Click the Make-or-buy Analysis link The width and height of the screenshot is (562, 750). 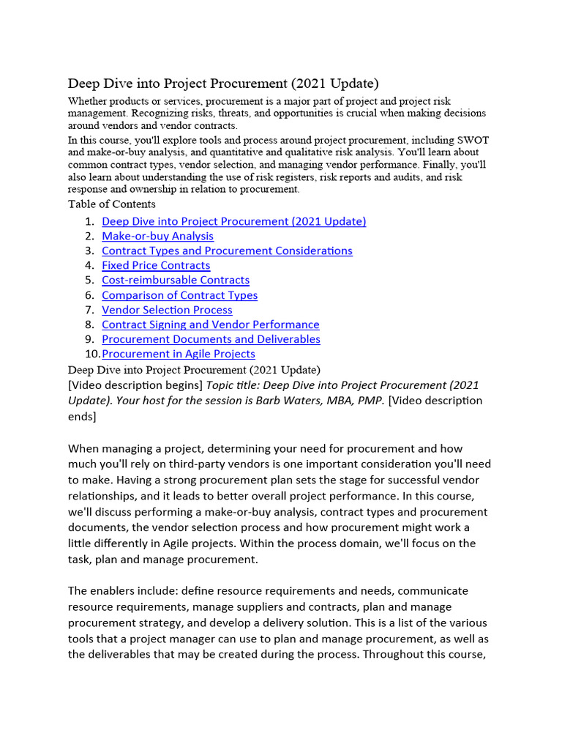[x=157, y=236]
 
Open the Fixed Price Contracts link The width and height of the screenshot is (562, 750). [x=156, y=265]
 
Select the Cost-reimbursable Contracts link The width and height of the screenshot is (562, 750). [x=176, y=280]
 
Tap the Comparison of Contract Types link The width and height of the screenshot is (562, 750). [x=179, y=295]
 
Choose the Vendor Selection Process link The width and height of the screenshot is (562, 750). [x=167, y=310]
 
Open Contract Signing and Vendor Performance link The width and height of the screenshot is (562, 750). [x=210, y=324]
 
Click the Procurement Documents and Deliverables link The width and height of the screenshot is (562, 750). [x=211, y=339]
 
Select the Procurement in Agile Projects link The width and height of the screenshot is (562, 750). [x=179, y=354]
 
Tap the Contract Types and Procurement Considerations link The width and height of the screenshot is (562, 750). [x=227, y=250]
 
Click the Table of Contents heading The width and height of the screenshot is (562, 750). [x=111, y=204]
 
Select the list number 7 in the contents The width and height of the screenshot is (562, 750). [x=89, y=310]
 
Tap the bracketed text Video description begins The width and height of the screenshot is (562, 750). [x=135, y=385]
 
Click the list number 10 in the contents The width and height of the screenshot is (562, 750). [x=91, y=354]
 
